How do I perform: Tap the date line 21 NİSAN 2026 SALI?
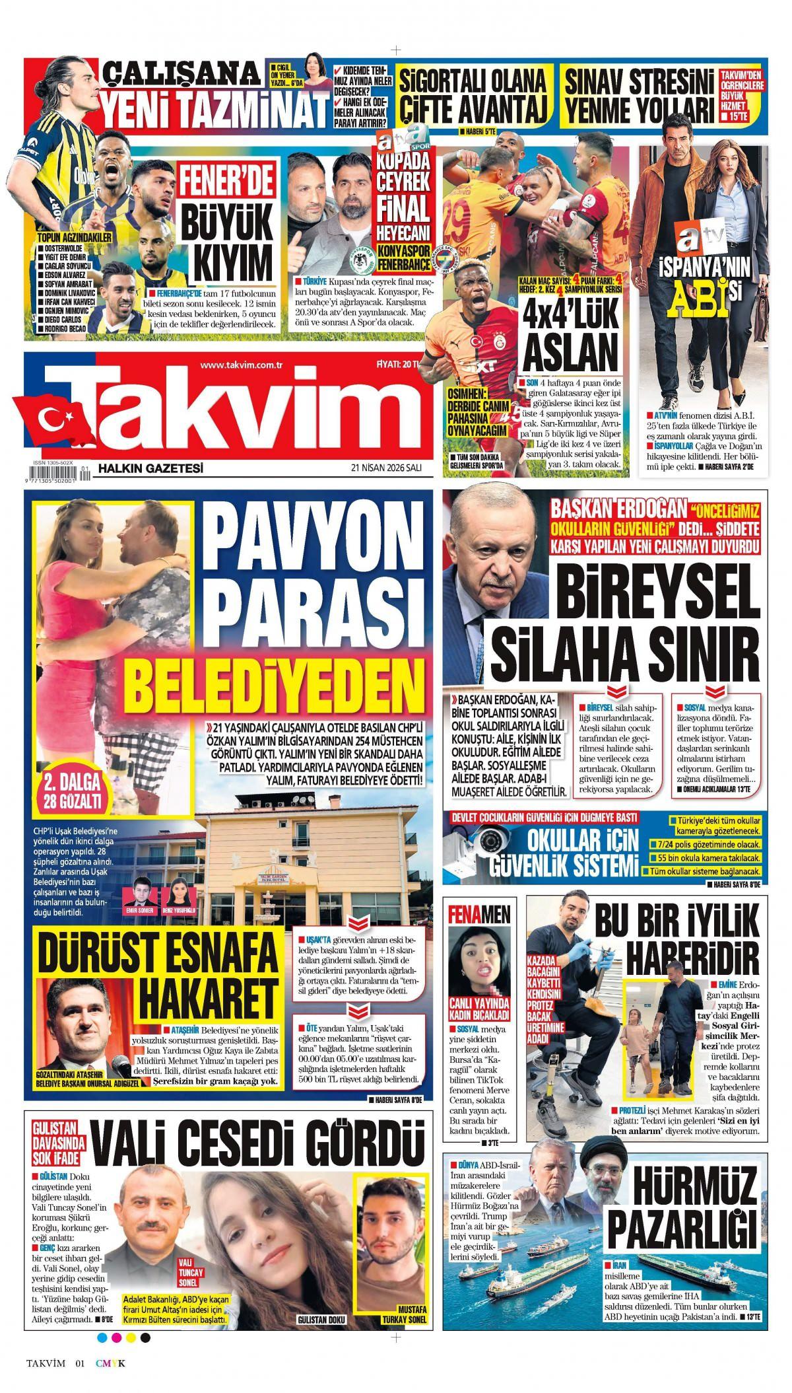(x=386, y=468)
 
